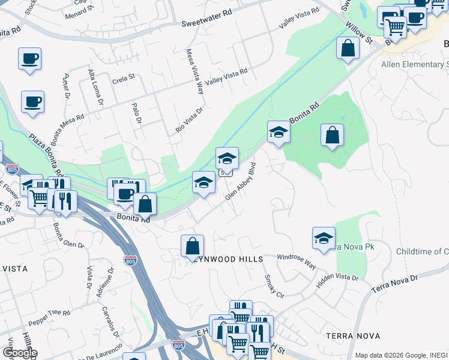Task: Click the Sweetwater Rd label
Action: coord(206,23)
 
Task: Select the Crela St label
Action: coord(124,78)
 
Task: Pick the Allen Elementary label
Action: coord(415,65)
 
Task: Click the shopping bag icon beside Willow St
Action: coord(348,47)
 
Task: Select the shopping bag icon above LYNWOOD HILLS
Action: coord(192,245)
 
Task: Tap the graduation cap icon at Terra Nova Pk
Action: coord(324,238)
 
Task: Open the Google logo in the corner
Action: coord(20,353)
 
